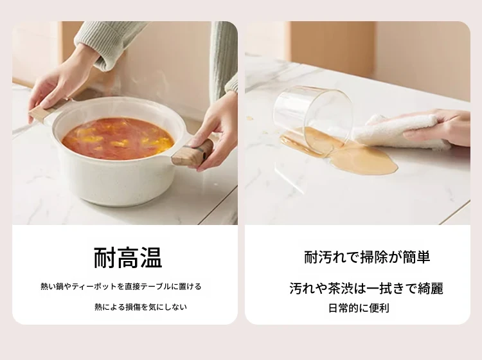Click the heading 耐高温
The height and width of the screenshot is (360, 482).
[128, 258]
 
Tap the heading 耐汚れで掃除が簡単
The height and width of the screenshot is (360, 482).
[367, 257]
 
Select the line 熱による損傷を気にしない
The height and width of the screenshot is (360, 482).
[141, 307]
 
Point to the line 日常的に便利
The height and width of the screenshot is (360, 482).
[359, 308]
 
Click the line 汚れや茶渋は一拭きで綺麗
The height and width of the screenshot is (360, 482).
[366, 289]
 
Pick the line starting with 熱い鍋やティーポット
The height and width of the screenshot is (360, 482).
[121, 287]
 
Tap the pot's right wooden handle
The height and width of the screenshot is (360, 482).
[192, 153]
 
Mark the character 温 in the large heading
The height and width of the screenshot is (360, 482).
[150, 258]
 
